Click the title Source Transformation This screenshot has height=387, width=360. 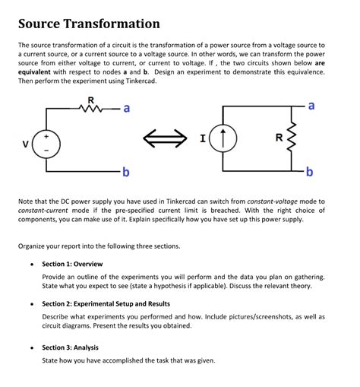89,24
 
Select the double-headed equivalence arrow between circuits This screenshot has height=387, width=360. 166,139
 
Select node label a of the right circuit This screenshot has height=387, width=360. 312,103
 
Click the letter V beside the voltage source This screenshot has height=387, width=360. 25,143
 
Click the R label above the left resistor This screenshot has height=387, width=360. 91,100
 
